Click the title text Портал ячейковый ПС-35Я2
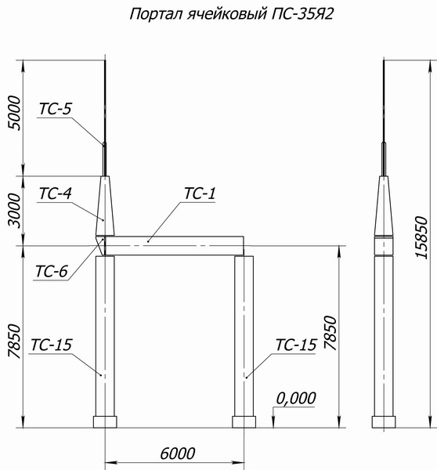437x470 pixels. coord(231,14)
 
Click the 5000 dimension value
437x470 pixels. coord(14,113)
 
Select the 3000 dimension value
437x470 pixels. coord(14,211)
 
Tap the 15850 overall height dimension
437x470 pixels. coord(421,237)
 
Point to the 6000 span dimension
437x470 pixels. coord(178,454)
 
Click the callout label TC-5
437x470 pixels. coord(56,109)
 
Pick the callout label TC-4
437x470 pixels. coord(56,193)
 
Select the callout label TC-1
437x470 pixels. coord(200,193)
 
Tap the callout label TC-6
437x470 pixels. coord(52,271)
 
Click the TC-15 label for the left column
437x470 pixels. coord(52,345)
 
